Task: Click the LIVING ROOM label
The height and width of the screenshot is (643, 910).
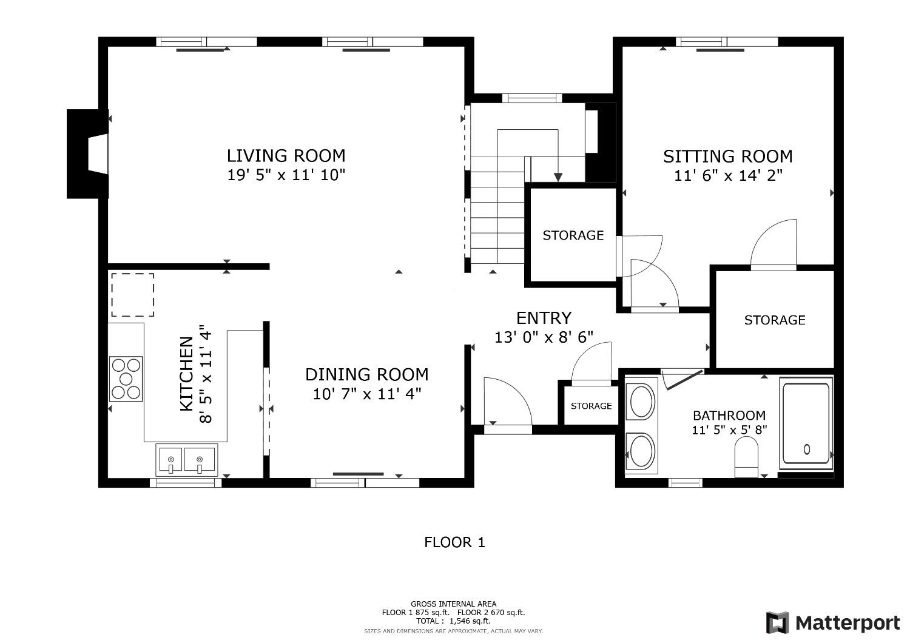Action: coord(286,155)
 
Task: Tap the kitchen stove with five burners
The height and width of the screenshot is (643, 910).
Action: coord(126,379)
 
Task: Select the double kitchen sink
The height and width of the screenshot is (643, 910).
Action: coord(187,460)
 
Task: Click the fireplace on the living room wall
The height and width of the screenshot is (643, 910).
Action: coord(88,154)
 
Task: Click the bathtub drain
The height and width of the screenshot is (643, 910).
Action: coord(807,449)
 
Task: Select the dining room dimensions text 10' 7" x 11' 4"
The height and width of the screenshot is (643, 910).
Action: coord(367,394)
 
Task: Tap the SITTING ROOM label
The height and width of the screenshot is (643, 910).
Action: coord(727,157)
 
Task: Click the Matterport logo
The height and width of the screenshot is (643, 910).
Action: coord(833,623)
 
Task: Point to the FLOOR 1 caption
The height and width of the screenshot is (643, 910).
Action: coord(454,542)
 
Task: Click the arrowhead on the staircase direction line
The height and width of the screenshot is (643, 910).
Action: coord(558,177)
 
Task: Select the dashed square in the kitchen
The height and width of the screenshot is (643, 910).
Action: coord(133,295)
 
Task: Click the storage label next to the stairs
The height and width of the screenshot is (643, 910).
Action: coord(573,235)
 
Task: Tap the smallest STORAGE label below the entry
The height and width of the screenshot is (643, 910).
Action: coord(591,406)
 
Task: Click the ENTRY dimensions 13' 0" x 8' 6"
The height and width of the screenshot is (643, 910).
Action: coord(544,337)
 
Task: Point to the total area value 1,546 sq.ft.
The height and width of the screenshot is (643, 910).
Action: coord(470,621)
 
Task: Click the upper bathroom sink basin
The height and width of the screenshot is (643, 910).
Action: coord(641,402)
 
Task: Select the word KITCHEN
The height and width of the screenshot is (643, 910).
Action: coord(186,374)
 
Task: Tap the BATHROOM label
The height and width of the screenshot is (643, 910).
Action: coord(729,416)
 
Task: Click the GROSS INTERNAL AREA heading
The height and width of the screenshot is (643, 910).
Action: coord(453,604)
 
